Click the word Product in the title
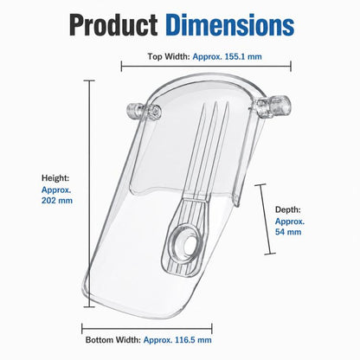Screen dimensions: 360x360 (x=113, y=25)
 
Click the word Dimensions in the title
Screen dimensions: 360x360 (x=230, y=25)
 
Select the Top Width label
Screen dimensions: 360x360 (x=169, y=56)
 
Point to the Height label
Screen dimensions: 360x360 (x=55, y=178)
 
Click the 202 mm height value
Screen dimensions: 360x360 (x=57, y=200)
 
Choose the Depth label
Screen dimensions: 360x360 (x=287, y=209)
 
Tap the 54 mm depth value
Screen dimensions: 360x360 (x=288, y=232)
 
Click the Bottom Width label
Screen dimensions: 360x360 (x=113, y=340)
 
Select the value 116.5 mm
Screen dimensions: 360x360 (x=193, y=340)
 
